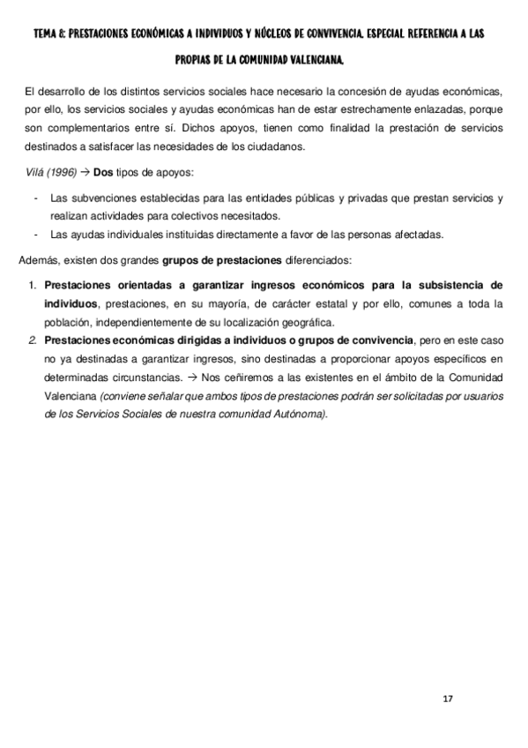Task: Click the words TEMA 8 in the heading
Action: pyautogui.click(x=49, y=33)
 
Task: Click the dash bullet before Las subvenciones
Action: pyautogui.click(x=34, y=199)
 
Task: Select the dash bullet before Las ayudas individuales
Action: pyautogui.click(x=34, y=235)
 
